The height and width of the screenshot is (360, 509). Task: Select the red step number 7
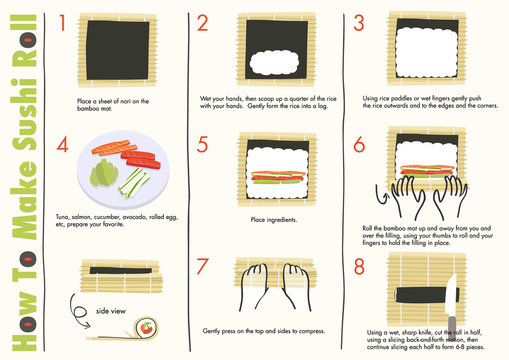tap(204, 268)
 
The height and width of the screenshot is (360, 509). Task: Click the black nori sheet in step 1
tap(113, 52)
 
